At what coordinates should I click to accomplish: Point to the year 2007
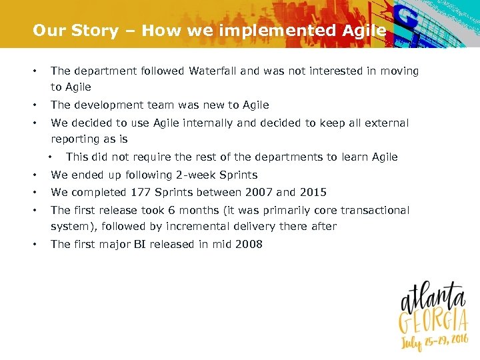click(258, 193)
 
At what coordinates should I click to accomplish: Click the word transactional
click(375, 211)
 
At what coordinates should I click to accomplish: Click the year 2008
click(247, 245)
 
